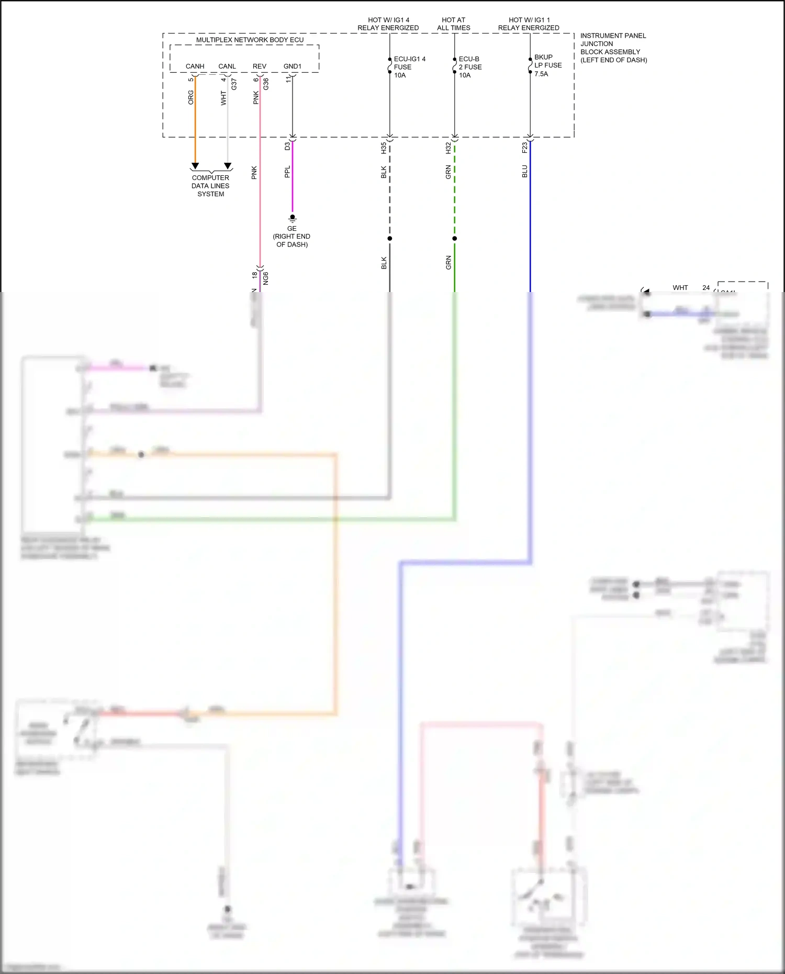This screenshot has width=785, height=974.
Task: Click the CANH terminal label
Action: pyautogui.click(x=195, y=66)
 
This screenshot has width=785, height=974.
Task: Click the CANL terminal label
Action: pyautogui.click(x=227, y=66)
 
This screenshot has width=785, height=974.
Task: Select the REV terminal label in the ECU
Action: pyautogui.click(x=260, y=66)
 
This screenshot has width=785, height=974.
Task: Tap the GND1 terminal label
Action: pyautogui.click(x=292, y=66)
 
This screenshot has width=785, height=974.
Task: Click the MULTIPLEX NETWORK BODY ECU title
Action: pyautogui.click(x=250, y=40)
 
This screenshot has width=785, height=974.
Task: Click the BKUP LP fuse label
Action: pyautogui.click(x=547, y=65)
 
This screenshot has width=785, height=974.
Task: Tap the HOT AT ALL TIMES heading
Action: pyautogui.click(x=454, y=24)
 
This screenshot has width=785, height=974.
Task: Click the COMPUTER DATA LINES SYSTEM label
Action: pyautogui.click(x=210, y=186)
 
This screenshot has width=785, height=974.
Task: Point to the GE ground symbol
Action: pyautogui.click(x=293, y=218)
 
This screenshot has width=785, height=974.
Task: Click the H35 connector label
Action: pyautogui.click(x=384, y=148)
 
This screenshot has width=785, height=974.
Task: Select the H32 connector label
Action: pyautogui.click(x=448, y=148)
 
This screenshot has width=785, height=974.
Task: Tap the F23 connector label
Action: pyautogui.click(x=525, y=148)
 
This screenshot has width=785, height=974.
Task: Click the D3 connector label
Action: pyautogui.click(x=287, y=147)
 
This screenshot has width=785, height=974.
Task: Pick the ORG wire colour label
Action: pyautogui.click(x=191, y=97)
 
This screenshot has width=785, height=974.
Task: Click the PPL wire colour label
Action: pyautogui.click(x=287, y=172)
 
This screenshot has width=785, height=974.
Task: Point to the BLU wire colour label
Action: pyautogui.click(x=525, y=171)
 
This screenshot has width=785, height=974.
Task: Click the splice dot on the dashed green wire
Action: pyautogui.click(x=455, y=239)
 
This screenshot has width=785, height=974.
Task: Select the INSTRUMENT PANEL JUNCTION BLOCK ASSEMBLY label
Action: pyautogui.click(x=613, y=48)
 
